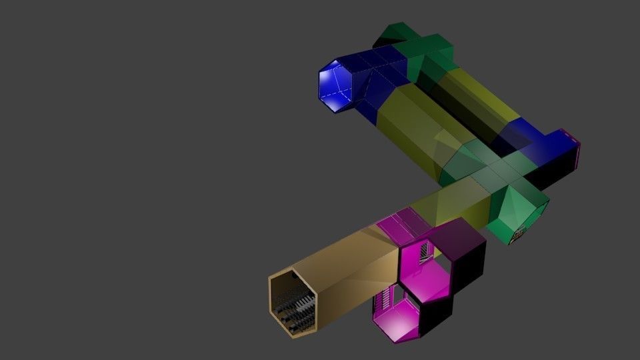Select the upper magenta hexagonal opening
pos(427,265)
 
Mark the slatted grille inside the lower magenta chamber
pos(383,303)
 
